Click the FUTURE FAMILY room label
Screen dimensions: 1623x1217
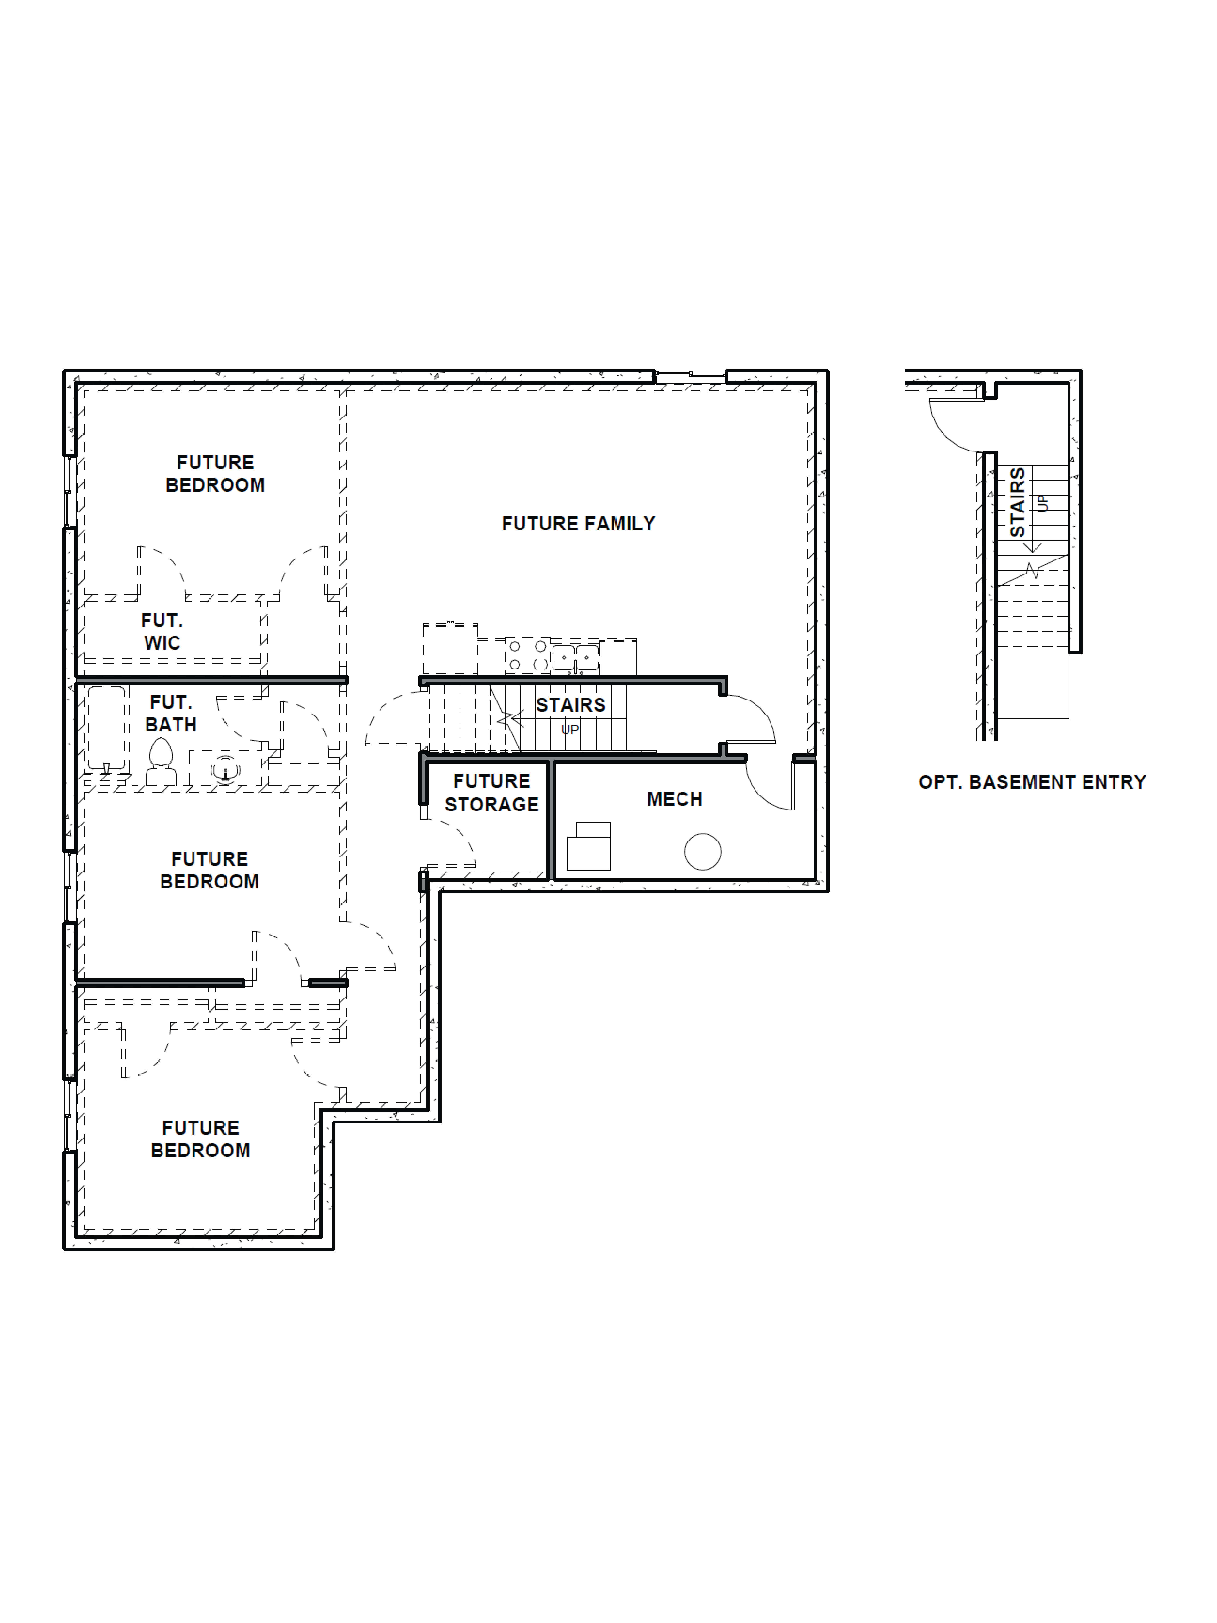(578, 523)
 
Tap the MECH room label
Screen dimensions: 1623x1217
(674, 799)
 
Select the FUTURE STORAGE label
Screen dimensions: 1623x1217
(492, 792)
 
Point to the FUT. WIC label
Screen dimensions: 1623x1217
(162, 632)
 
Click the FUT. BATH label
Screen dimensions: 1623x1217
(171, 713)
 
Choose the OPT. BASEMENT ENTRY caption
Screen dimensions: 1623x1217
(1031, 782)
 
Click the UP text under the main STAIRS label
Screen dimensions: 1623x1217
(570, 729)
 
